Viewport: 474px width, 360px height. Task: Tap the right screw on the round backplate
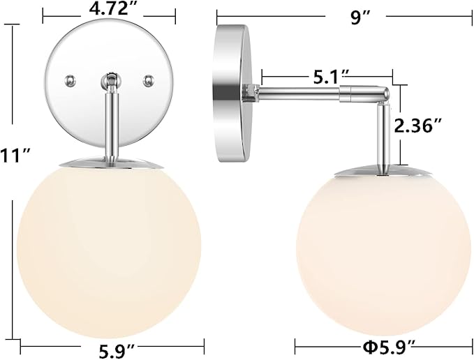148,80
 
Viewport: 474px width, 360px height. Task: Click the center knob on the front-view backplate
109,82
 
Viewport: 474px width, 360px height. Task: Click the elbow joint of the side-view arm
383,94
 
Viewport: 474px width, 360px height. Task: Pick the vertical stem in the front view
110,126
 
